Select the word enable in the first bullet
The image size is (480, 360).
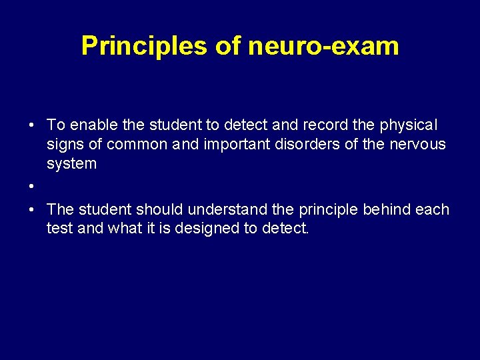pyautogui.click(x=91, y=125)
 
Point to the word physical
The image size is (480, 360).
pyautogui.click(x=407, y=125)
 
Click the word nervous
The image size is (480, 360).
pyautogui.click(x=420, y=144)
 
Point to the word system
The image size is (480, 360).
pyautogui.click(x=71, y=163)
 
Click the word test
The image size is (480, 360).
pyautogui.click(x=60, y=229)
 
